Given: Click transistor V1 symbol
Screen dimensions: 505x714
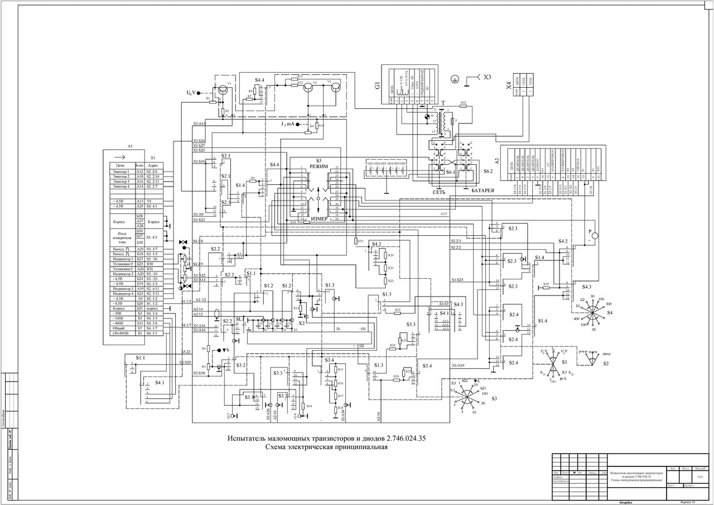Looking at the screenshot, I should pyautogui.click(x=223, y=88).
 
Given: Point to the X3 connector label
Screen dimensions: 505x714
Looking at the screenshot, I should pyautogui.click(x=488, y=77).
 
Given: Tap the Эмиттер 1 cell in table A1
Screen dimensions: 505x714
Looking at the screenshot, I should pyautogui.click(x=121, y=172).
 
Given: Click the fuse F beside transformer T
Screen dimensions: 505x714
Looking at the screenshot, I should pyautogui.click(x=456, y=120).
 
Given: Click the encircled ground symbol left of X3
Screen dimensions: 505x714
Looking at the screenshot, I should pyautogui.click(x=456, y=79).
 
